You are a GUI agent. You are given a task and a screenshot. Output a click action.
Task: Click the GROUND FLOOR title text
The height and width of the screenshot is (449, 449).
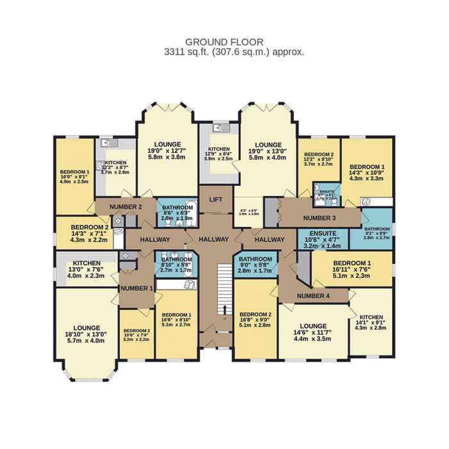coord(224,42)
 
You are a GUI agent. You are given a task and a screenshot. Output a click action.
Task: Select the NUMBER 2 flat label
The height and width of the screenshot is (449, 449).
coord(126,207)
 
